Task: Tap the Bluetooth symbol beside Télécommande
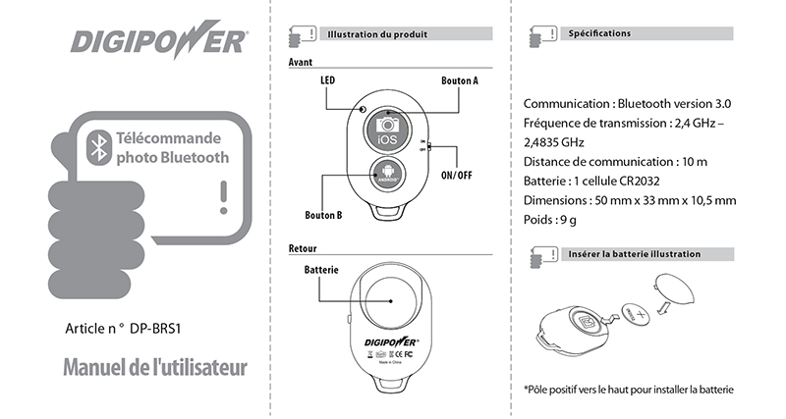[x=97, y=147]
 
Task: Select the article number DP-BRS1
[x=159, y=330]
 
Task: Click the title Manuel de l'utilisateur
[x=155, y=368]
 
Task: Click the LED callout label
[x=329, y=81]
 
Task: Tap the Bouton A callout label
[x=460, y=81]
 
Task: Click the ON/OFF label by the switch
[x=458, y=175]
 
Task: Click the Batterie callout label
[x=321, y=269]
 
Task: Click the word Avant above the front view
[x=301, y=61]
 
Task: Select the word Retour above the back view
[x=303, y=247]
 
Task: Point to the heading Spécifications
[x=599, y=33]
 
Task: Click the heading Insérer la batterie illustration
[x=634, y=254]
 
